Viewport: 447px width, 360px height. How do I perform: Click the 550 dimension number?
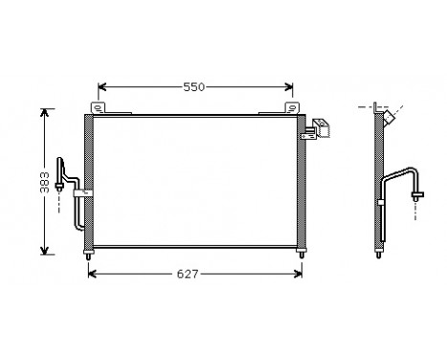tap(195, 87)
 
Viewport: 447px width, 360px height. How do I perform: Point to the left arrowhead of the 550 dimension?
tap(102, 86)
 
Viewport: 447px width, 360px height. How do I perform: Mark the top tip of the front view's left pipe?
tap(65, 162)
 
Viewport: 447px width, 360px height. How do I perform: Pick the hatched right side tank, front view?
tap(302, 182)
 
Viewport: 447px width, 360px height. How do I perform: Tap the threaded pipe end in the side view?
tap(417, 193)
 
